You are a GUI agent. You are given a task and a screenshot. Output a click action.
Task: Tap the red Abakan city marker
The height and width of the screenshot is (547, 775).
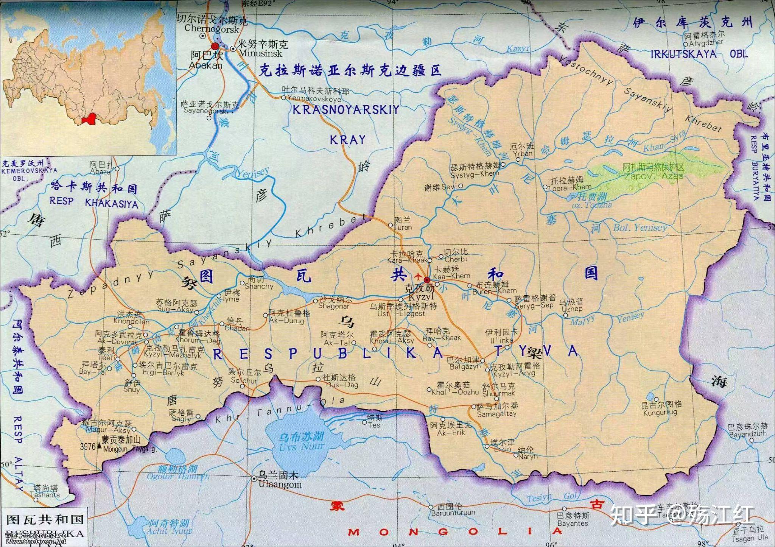(x=215, y=47)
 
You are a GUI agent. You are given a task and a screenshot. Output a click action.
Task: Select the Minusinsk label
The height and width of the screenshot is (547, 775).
(x=260, y=53)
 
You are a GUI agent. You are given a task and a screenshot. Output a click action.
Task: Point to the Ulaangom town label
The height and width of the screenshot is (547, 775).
(x=280, y=485)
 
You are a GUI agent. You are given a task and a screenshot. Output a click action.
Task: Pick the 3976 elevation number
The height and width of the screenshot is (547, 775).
(x=88, y=447)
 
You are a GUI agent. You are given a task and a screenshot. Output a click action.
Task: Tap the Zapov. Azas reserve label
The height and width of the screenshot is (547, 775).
(x=654, y=176)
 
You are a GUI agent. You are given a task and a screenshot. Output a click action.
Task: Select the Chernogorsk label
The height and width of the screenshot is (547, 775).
(x=212, y=29)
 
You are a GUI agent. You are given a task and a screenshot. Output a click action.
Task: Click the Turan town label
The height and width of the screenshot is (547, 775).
(x=402, y=228)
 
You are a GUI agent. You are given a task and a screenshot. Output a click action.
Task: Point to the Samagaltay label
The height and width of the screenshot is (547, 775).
(x=496, y=414)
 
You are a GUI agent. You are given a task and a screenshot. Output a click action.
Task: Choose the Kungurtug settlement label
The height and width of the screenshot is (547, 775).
(x=660, y=413)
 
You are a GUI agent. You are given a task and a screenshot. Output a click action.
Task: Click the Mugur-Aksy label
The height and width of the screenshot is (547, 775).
(x=108, y=430)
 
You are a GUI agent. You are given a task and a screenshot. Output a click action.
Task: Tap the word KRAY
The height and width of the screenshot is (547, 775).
(x=347, y=140)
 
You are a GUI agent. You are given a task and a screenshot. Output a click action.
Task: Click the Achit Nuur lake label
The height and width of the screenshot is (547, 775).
(x=169, y=531)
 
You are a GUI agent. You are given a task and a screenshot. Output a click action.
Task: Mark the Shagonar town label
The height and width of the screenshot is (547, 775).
(x=333, y=306)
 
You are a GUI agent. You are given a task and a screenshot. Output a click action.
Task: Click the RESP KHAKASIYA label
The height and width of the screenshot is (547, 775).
(x=94, y=203)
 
